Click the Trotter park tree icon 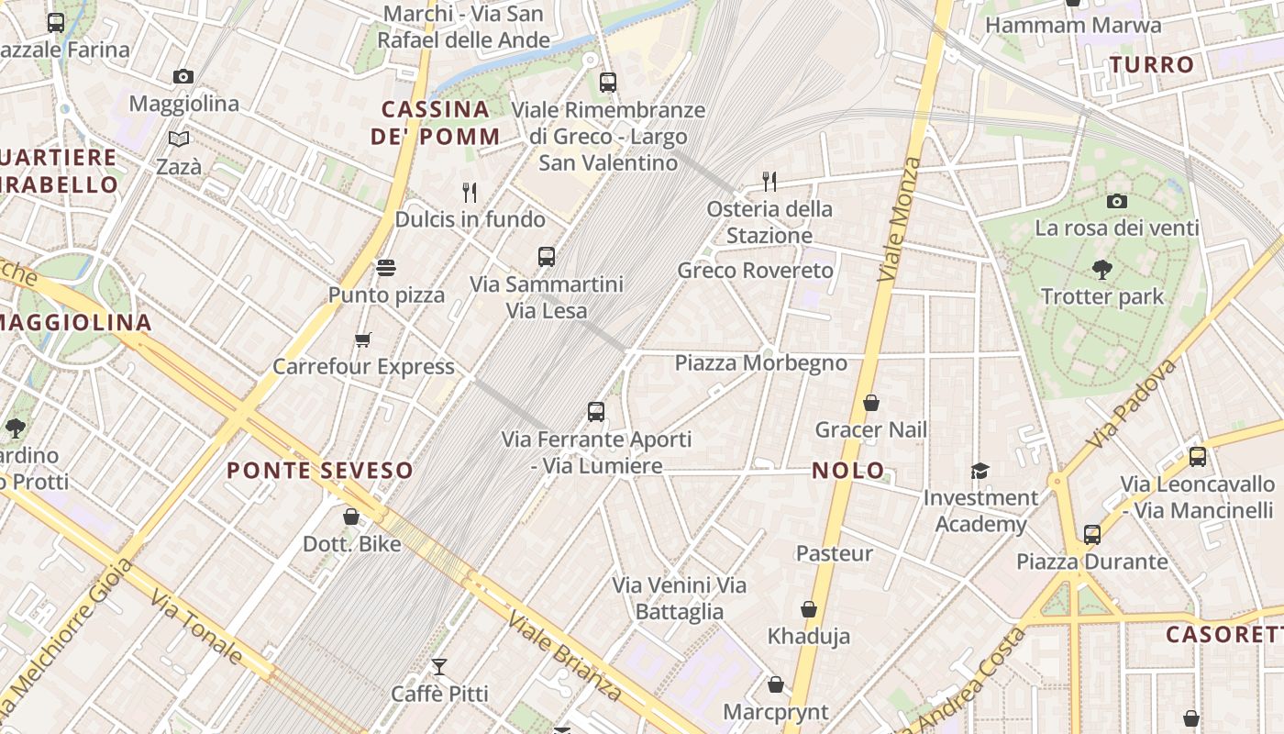[x=1101, y=269]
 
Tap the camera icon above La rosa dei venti [x=1116, y=201]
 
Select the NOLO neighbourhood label [x=848, y=472]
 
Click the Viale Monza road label [x=899, y=219]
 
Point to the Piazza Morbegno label [x=760, y=362]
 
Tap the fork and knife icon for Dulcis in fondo [x=470, y=192]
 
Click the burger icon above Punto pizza [x=386, y=268]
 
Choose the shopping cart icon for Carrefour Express [x=363, y=339]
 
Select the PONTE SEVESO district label [x=319, y=471]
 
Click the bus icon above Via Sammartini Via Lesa [x=547, y=257]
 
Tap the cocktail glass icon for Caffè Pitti [x=439, y=666]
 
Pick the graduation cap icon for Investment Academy [x=980, y=471]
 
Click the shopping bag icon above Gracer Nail [x=871, y=403]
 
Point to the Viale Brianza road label [x=565, y=655]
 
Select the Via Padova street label [x=1131, y=404]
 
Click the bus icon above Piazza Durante [x=1091, y=534]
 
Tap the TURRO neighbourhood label [x=1151, y=65]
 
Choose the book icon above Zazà [x=179, y=139]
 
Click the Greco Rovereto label [x=755, y=271]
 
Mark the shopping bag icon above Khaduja [x=809, y=609]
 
